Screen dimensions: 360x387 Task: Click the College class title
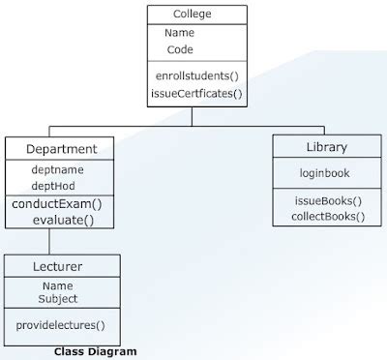(192, 15)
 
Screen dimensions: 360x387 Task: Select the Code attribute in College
(180, 49)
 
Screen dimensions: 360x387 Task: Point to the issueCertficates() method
(196, 94)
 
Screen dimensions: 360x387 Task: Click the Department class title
(60, 149)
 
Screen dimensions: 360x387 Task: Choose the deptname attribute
(57, 168)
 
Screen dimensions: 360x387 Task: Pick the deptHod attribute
(54, 185)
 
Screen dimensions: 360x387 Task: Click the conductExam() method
(57, 203)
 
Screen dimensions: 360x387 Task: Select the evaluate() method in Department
(63, 220)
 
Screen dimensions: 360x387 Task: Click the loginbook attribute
(324, 173)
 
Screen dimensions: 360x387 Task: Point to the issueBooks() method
(328, 200)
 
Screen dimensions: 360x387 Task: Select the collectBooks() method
(328, 216)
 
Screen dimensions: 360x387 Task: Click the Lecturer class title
(60, 265)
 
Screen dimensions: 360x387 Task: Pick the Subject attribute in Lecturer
(58, 299)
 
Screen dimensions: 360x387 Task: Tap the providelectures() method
(61, 325)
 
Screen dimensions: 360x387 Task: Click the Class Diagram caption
(95, 351)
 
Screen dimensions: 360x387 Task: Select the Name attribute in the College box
(180, 33)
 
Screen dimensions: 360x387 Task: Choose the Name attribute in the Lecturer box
(58, 286)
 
